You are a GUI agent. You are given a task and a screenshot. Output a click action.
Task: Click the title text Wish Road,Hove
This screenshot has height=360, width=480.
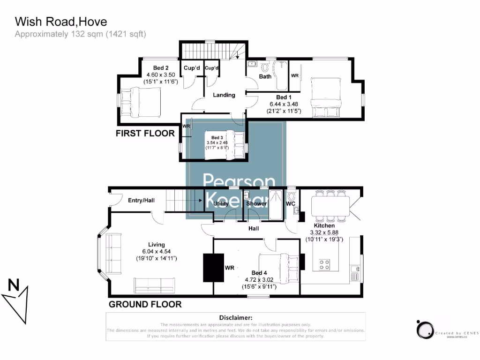[61, 22]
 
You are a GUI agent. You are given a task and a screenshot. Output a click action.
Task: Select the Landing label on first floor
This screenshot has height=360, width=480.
[224, 95]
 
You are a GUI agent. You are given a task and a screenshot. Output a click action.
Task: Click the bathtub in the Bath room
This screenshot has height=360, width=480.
[281, 75]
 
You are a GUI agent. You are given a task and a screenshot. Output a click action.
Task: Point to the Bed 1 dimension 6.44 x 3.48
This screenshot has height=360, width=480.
[284, 104]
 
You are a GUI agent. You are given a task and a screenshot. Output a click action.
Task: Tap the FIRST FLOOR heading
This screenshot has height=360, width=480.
[145, 134]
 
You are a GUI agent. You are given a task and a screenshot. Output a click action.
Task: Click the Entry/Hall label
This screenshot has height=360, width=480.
[141, 200]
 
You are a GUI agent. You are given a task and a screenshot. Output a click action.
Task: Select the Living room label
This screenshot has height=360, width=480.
[156, 245]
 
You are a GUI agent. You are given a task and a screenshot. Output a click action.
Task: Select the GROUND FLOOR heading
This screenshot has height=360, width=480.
[145, 304]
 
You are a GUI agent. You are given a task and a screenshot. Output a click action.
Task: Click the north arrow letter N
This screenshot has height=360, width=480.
[14, 285]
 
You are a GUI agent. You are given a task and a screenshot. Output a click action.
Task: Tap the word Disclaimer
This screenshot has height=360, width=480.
[235, 317]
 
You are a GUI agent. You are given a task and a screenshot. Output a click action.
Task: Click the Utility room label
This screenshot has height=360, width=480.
[221, 204]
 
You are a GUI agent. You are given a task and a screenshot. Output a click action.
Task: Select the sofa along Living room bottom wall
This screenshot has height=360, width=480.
[154, 285]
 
